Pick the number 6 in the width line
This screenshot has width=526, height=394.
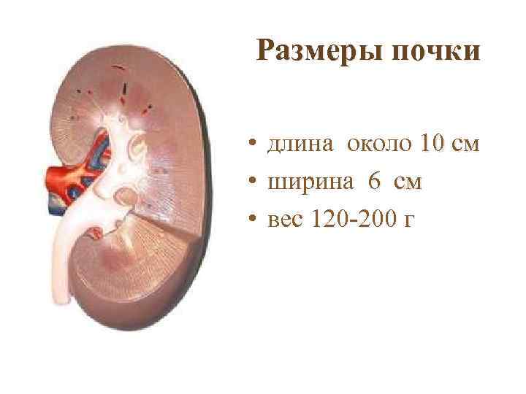click(374, 182)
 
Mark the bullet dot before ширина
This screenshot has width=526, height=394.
click(250, 182)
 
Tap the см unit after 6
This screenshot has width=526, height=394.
click(407, 182)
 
